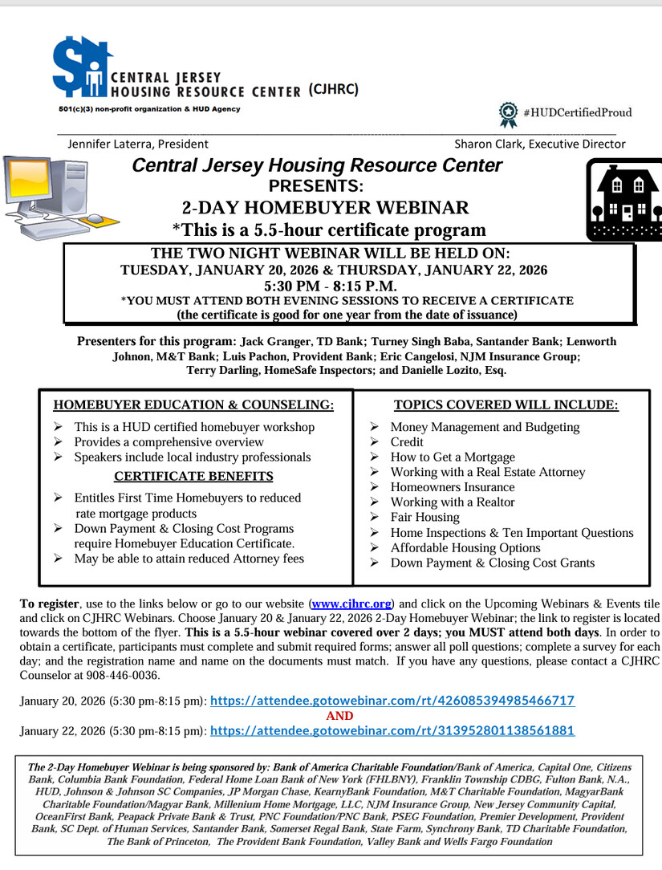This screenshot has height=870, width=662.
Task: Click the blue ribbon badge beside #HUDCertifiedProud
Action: coord(508,114)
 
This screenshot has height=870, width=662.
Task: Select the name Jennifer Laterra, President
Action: coord(138,144)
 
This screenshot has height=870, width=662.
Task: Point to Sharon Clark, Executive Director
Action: coord(540,144)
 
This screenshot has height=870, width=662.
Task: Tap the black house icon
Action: coord(623,199)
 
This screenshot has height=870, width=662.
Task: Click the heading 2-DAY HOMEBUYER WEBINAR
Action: coord(326,208)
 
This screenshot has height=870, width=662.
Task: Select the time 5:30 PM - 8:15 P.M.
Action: coord(330,286)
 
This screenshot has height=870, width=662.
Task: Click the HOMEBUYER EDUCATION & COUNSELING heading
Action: coord(193,405)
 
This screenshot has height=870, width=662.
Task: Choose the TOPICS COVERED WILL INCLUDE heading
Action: coord(506,405)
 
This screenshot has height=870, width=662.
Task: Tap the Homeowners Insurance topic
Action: coord(453,487)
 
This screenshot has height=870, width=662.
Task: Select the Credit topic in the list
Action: coord(407,442)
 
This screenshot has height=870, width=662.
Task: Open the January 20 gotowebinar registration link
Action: coord(392,700)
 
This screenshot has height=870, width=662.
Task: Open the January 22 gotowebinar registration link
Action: coord(392,731)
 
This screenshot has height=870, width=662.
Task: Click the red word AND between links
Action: coord(340,716)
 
